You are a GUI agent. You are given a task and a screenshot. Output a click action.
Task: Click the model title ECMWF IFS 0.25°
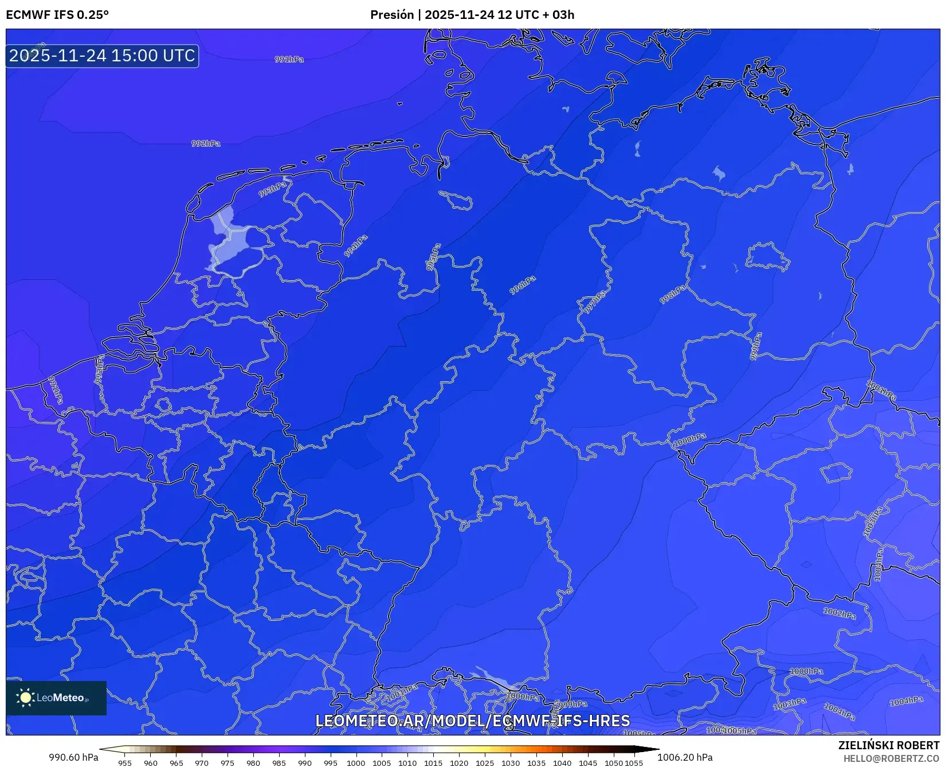(57, 15)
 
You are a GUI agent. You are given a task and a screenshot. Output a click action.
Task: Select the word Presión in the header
(392, 15)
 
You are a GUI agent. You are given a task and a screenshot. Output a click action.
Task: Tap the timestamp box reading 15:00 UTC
(102, 56)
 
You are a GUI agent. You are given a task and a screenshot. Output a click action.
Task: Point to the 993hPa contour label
(272, 190)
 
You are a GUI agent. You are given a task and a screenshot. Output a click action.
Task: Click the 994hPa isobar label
(356, 246)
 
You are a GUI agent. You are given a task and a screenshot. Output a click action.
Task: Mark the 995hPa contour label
(433, 257)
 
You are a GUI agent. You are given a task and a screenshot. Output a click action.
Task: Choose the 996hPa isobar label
(523, 285)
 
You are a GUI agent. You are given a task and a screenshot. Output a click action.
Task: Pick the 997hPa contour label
(594, 302)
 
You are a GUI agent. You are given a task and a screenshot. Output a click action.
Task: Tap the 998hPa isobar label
(673, 295)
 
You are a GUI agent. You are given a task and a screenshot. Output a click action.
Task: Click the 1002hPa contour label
(840, 613)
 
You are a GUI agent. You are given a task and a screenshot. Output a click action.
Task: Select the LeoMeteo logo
(56, 698)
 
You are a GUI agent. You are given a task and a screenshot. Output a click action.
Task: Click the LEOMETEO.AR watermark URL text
(473, 721)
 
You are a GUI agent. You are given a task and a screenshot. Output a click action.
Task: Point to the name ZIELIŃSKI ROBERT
(889, 745)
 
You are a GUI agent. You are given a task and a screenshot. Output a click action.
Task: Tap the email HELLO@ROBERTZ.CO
(891, 758)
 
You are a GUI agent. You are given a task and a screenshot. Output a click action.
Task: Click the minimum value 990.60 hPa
(73, 757)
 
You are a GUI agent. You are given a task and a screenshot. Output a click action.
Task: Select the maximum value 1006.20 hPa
(685, 757)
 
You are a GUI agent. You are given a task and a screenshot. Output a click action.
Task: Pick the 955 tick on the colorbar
(125, 763)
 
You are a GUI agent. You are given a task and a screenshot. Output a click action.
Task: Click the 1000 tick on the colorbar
(356, 763)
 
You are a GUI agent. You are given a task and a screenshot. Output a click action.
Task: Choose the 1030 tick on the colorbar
(511, 763)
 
